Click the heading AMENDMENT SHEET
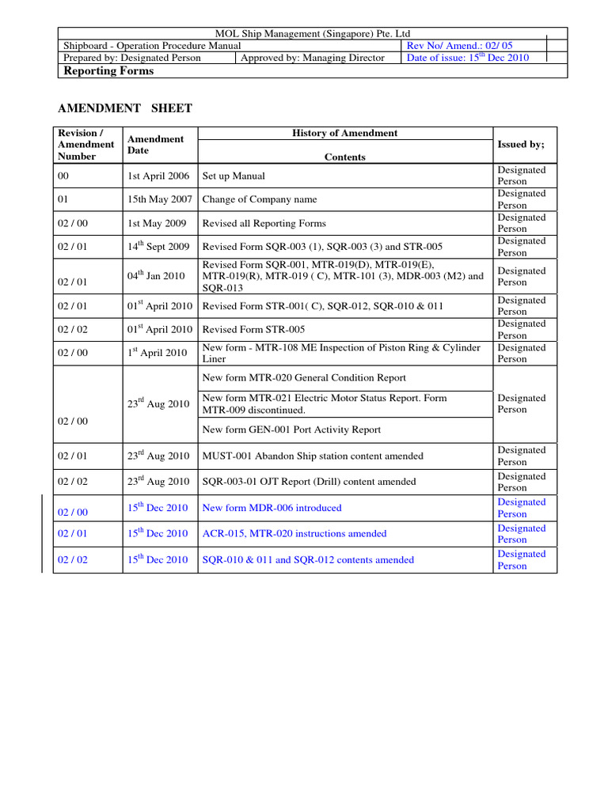click(126, 108)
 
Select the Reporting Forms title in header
click(108, 71)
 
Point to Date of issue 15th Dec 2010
click(467, 58)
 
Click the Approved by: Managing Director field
click(313, 58)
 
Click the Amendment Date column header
click(155, 144)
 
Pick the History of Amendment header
click(345, 133)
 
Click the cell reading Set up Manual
click(234, 176)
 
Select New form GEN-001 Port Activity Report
click(291, 430)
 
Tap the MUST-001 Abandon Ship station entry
click(313, 456)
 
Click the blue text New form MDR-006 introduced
click(272, 508)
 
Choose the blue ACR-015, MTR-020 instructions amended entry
click(294, 534)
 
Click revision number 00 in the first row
click(64, 176)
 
